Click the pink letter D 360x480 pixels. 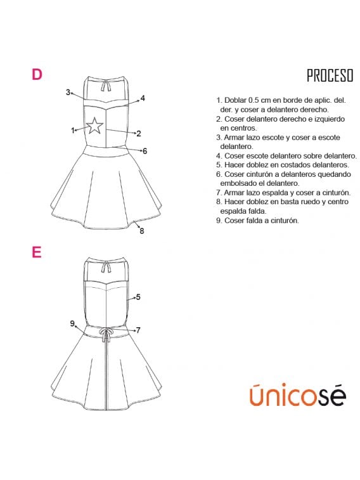[x=37, y=74]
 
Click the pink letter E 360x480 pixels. [x=37, y=252]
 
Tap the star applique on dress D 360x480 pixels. [x=94, y=126]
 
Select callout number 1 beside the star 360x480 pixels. [x=73, y=131]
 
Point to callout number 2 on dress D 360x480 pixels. [x=139, y=133]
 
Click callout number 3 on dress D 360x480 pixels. [x=68, y=92]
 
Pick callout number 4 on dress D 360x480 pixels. [x=143, y=98]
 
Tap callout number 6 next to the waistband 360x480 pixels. [x=145, y=151]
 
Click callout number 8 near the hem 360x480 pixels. [x=141, y=231]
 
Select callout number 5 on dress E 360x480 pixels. [x=138, y=297]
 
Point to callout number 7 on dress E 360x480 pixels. [x=138, y=330]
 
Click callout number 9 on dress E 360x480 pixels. [x=72, y=323]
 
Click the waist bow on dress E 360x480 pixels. [x=106, y=335]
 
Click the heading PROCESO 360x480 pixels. [x=330, y=75]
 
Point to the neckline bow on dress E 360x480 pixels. [x=106, y=267]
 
